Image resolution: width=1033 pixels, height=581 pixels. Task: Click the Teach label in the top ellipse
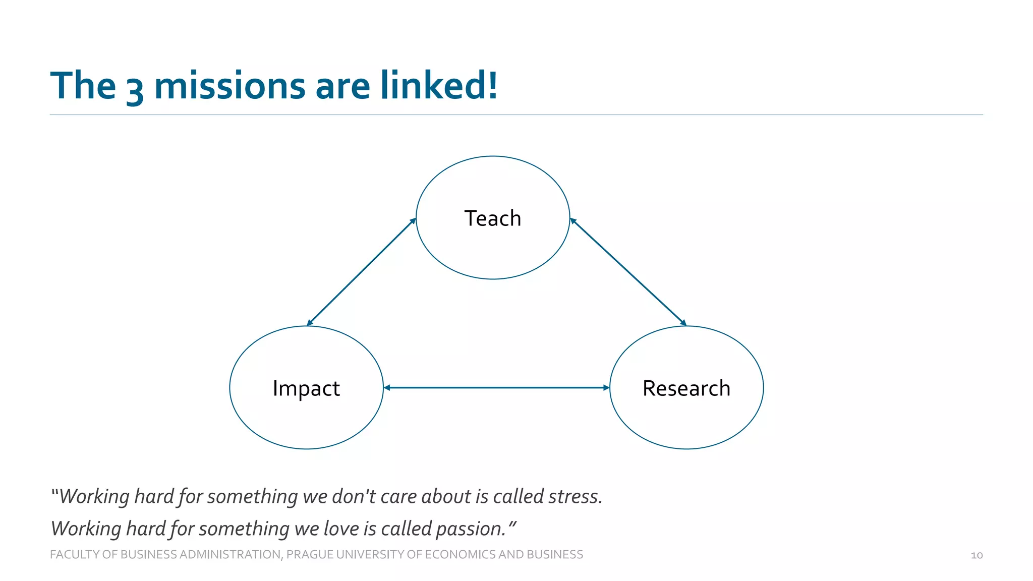492,218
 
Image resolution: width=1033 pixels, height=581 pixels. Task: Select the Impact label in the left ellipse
306,388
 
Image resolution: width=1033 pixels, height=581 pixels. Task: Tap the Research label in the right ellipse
686,388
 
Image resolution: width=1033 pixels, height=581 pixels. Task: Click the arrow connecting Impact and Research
497,387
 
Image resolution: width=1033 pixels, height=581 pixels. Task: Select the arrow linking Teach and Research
628,272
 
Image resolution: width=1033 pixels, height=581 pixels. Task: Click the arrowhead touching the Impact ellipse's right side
387,387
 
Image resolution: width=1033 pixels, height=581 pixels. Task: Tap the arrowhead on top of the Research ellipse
683,323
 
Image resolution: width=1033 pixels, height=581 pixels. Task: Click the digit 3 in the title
135,88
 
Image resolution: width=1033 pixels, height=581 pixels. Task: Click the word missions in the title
229,86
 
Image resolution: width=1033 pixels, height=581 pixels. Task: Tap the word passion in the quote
470,529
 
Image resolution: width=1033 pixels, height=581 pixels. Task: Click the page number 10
977,555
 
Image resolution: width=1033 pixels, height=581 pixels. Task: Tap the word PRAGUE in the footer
309,554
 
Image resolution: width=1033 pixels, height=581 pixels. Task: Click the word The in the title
83,86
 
